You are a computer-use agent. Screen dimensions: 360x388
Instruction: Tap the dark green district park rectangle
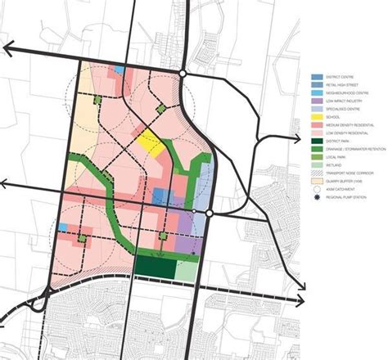pos(154,266)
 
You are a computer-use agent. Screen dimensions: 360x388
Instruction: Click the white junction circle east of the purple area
pos(210,214)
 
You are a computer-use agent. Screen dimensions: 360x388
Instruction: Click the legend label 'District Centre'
pos(341,83)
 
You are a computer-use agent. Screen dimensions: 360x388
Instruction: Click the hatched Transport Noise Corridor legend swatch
pos(316,173)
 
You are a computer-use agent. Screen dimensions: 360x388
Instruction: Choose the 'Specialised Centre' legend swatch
pos(316,110)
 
